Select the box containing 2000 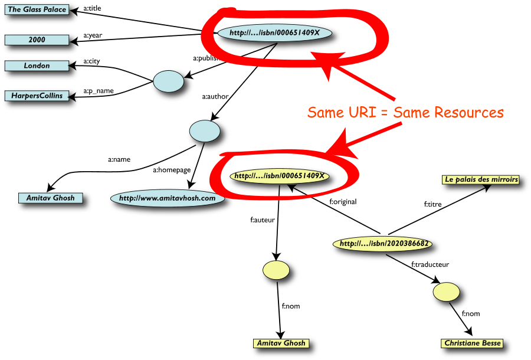[x=36, y=40]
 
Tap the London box [x=36, y=66]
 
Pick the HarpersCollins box [x=36, y=95]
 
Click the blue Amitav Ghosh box [x=50, y=198]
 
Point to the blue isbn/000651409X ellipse [x=274, y=33]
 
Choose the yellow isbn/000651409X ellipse [x=279, y=175]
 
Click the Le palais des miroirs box [x=481, y=179]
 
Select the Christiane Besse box [x=473, y=343]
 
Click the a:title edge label [x=92, y=9]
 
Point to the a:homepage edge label [x=172, y=170]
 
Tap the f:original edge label [x=343, y=201]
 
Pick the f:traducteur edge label [x=430, y=264]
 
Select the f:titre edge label [x=433, y=205]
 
